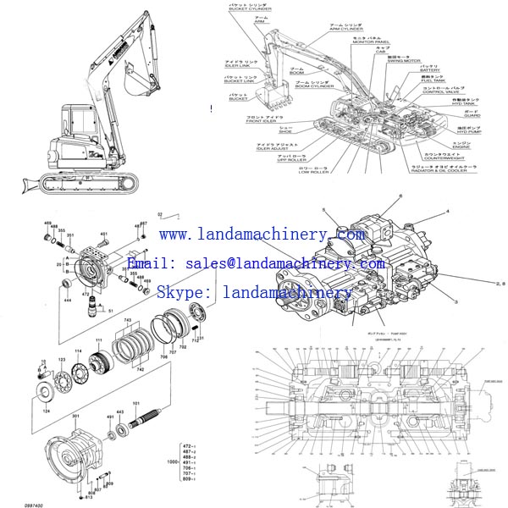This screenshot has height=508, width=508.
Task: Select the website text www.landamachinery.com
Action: pyautogui.click(x=262, y=235)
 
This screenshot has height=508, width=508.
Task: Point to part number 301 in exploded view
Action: pyautogui.click(x=76, y=417)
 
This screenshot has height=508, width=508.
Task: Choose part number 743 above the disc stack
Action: pyautogui.click(x=128, y=321)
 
